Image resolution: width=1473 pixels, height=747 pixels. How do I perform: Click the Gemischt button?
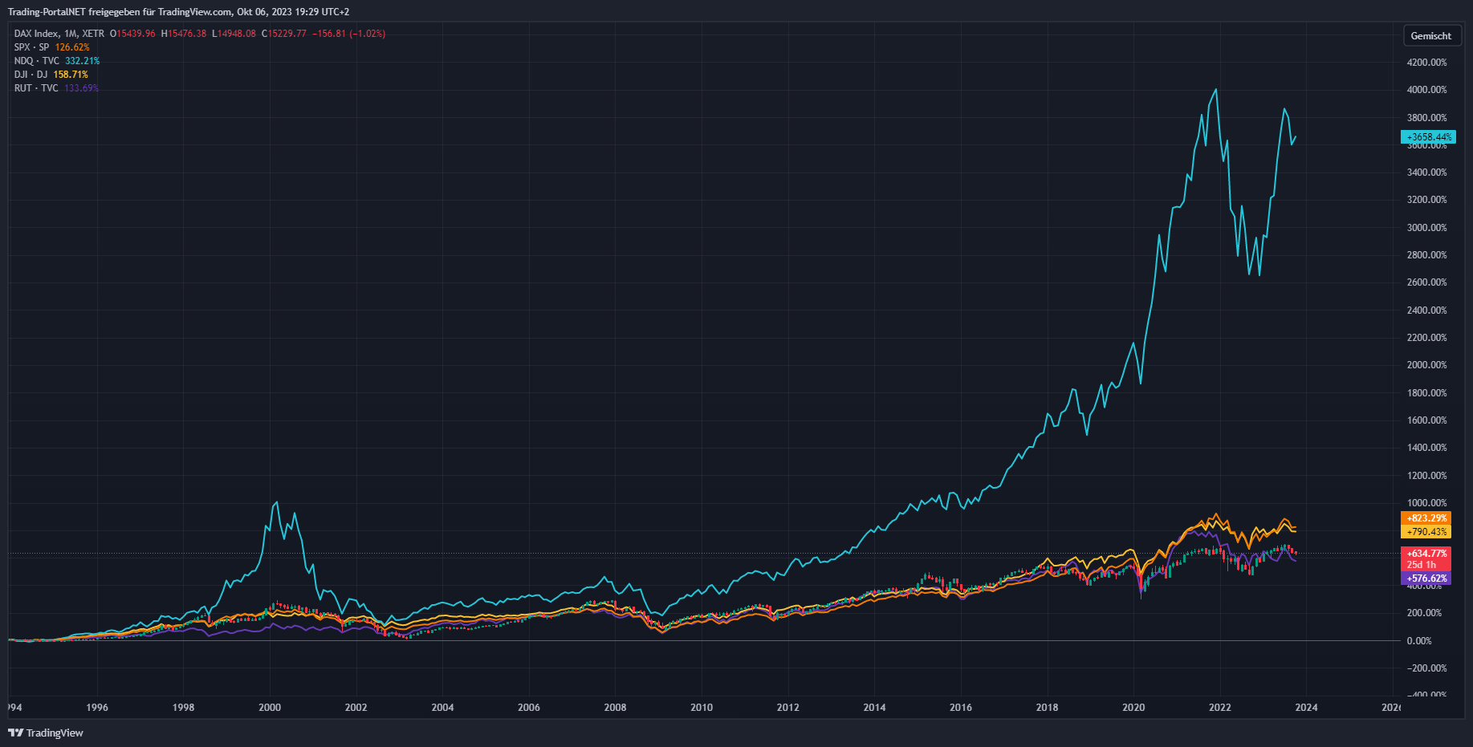[x=1430, y=36]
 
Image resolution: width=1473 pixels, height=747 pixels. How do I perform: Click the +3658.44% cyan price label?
[x=1428, y=137]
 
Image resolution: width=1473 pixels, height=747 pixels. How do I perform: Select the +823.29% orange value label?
[x=1426, y=518]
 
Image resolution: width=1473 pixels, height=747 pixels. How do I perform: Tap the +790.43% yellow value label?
[x=1426, y=532]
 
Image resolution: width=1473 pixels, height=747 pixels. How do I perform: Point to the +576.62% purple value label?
[x=1426, y=579]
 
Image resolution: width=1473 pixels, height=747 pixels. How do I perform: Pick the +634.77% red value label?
[x=1426, y=554]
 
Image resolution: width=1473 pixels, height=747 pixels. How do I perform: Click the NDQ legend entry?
[x=35, y=61]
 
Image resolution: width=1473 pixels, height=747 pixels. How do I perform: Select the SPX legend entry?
[x=31, y=47]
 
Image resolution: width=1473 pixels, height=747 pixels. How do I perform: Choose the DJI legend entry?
[x=31, y=75]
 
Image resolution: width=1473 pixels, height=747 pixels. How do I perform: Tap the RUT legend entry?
[x=35, y=88]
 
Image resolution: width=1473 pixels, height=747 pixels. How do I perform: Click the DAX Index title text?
[x=36, y=34]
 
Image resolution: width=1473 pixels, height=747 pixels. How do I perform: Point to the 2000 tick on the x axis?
[x=270, y=708]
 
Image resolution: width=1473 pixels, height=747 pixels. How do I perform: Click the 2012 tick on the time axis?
[x=788, y=708]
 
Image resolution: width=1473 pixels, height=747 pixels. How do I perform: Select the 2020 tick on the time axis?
[x=1133, y=708]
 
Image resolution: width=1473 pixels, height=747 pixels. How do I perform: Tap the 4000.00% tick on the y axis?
[x=1426, y=90]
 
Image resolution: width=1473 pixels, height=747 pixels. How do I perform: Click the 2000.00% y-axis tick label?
[x=1426, y=365]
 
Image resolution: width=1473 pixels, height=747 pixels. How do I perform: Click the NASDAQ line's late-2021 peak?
[x=1216, y=89]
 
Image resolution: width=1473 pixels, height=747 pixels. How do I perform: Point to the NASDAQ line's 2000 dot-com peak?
[x=277, y=502]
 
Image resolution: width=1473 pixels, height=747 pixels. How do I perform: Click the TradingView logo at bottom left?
[x=46, y=733]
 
